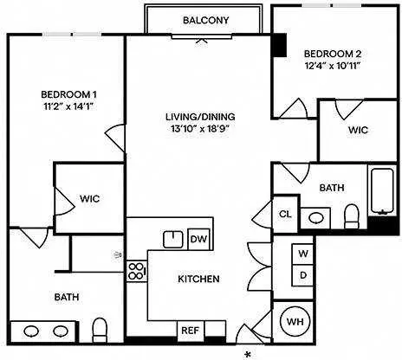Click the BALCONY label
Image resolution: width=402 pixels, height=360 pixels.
[x=206, y=20]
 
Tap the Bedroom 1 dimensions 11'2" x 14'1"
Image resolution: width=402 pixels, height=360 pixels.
[x=69, y=106]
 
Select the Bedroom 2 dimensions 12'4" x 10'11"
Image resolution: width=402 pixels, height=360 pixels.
[x=333, y=66]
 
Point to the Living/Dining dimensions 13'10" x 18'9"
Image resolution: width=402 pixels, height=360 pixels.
[x=200, y=129]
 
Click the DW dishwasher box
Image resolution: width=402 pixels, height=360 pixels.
[x=199, y=239]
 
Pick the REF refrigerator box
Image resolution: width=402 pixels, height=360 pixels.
[x=191, y=331]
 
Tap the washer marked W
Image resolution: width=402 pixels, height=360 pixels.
[x=302, y=254]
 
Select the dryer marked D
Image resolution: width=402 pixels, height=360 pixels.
[x=302, y=275]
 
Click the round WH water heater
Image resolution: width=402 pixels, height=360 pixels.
[x=295, y=321]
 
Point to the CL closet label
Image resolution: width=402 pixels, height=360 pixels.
[x=285, y=215]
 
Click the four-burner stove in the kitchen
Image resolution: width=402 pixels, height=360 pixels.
[x=137, y=271]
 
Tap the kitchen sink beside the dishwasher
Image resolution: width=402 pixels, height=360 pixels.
[x=173, y=240]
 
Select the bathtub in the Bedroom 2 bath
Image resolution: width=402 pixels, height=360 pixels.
[x=382, y=191]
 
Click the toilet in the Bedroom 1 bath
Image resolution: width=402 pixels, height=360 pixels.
[x=100, y=330]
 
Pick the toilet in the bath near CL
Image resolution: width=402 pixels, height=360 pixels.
[x=352, y=216]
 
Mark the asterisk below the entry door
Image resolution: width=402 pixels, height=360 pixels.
[x=248, y=355]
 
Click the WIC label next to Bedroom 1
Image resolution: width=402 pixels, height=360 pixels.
[x=90, y=199]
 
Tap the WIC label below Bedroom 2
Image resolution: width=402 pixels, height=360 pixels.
[x=358, y=130]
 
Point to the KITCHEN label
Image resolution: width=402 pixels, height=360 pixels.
[x=198, y=279]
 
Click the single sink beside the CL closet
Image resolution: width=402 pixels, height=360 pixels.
[x=316, y=218]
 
